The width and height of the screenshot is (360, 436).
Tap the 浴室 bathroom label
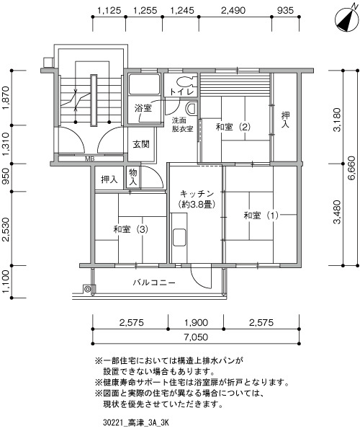click(x=143, y=108)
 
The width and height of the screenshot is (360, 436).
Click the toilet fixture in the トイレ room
click(x=184, y=81)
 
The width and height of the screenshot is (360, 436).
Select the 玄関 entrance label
click(x=141, y=144)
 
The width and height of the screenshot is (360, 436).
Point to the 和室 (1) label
click(x=261, y=215)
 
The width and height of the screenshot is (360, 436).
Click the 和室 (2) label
click(x=233, y=127)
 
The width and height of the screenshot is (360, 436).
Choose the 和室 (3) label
click(x=130, y=229)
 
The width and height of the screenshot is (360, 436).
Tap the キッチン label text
click(x=197, y=194)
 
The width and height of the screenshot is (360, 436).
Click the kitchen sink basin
click(x=179, y=237)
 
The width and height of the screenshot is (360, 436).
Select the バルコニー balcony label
click(x=154, y=282)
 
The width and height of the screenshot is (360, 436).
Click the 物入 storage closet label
click(x=133, y=177)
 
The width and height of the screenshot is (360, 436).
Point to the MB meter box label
click(x=89, y=159)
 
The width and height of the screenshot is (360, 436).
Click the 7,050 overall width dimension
click(x=196, y=337)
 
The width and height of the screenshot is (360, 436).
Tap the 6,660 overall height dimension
click(x=351, y=168)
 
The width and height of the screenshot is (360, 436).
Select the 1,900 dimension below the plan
click(x=196, y=323)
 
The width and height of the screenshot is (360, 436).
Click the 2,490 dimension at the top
click(x=233, y=11)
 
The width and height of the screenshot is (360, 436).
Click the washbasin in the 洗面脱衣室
click(x=192, y=108)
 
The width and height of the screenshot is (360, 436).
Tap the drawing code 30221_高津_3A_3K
click(x=136, y=423)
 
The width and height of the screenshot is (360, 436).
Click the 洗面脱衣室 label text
click(x=182, y=125)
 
